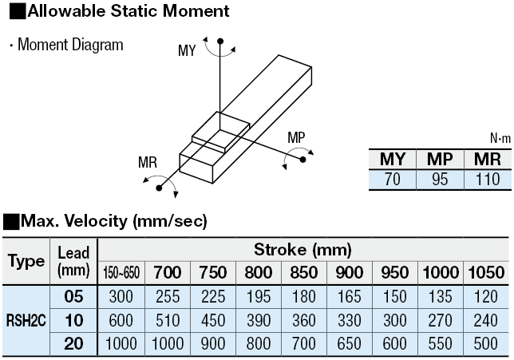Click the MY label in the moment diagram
(187, 50)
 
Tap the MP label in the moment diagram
(296, 137)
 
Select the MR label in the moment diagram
(148, 162)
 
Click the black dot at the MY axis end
(220, 42)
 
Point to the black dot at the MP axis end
(303, 160)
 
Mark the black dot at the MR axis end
(159, 188)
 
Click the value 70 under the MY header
(393, 180)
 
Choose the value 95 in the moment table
(440, 180)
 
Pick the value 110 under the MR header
(488, 180)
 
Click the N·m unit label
(500, 139)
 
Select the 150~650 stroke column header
(121, 272)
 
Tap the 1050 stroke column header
(486, 272)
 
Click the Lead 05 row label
(73, 296)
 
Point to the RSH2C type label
(26, 320)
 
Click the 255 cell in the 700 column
(168, 296)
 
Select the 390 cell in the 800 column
(259, 320)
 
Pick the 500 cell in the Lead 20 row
(486, 343)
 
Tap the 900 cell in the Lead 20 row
(213, 343)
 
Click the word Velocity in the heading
(96, 220)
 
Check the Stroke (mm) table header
(303, 250)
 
